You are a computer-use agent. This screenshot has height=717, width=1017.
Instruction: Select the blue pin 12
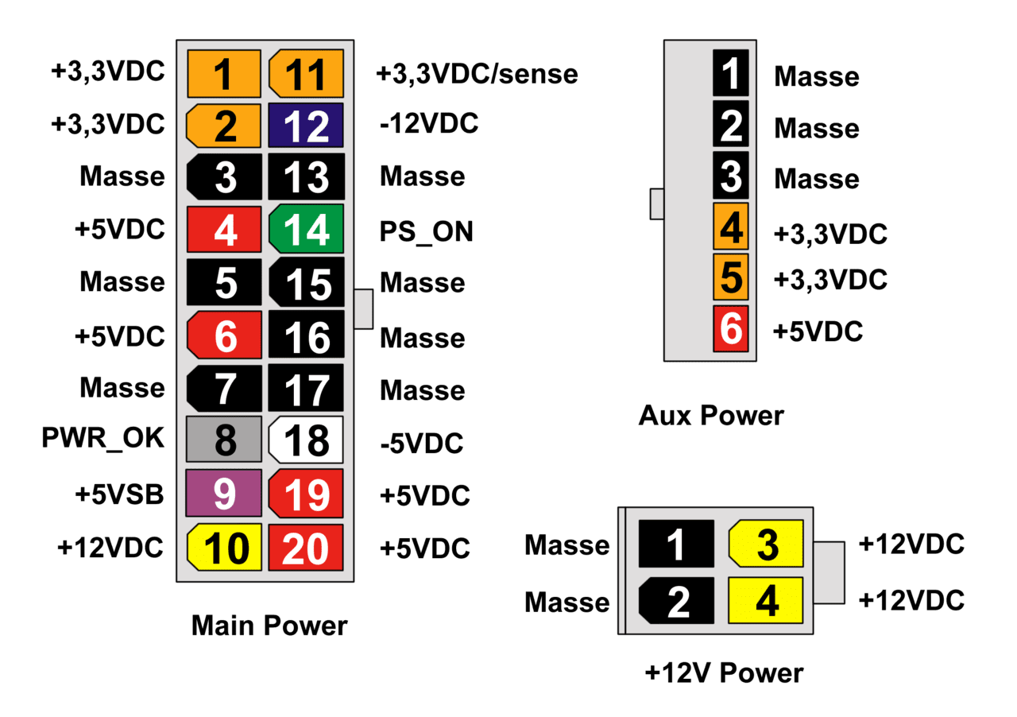click(307, 126)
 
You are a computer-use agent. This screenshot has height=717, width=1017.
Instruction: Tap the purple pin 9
click(225, 494)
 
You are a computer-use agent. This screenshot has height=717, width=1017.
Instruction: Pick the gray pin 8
click(225, 440)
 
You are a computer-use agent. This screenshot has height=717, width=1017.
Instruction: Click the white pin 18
click(307, 440)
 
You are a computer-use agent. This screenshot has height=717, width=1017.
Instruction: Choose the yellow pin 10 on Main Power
click(225, 547)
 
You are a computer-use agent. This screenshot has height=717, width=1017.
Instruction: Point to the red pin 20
click(307, 547)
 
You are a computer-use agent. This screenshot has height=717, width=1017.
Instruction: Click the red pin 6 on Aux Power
click(731, 327)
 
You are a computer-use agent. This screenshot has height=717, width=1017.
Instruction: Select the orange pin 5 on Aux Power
click(731, 277)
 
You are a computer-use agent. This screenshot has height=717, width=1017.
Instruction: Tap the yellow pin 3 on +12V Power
click(767, 545)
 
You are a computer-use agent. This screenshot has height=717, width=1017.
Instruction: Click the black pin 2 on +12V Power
click(677, 601)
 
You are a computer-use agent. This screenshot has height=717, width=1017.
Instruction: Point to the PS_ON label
click(427, 231)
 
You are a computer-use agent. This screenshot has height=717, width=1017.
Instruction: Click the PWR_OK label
click(103, 438)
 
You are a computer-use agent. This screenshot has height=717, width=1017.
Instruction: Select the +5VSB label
click(119, 494)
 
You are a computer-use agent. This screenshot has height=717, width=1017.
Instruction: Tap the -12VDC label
click(429, 124)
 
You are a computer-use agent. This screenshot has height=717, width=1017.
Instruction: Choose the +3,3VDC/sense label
click(477, 74)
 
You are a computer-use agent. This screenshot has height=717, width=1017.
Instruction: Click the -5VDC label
click(421, 443)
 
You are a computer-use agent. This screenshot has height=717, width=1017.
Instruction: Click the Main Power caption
click(269, 626)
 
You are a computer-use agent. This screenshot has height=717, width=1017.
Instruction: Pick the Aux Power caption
click(711, 415)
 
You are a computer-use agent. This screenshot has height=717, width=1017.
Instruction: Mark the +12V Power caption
click(724, 672)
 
